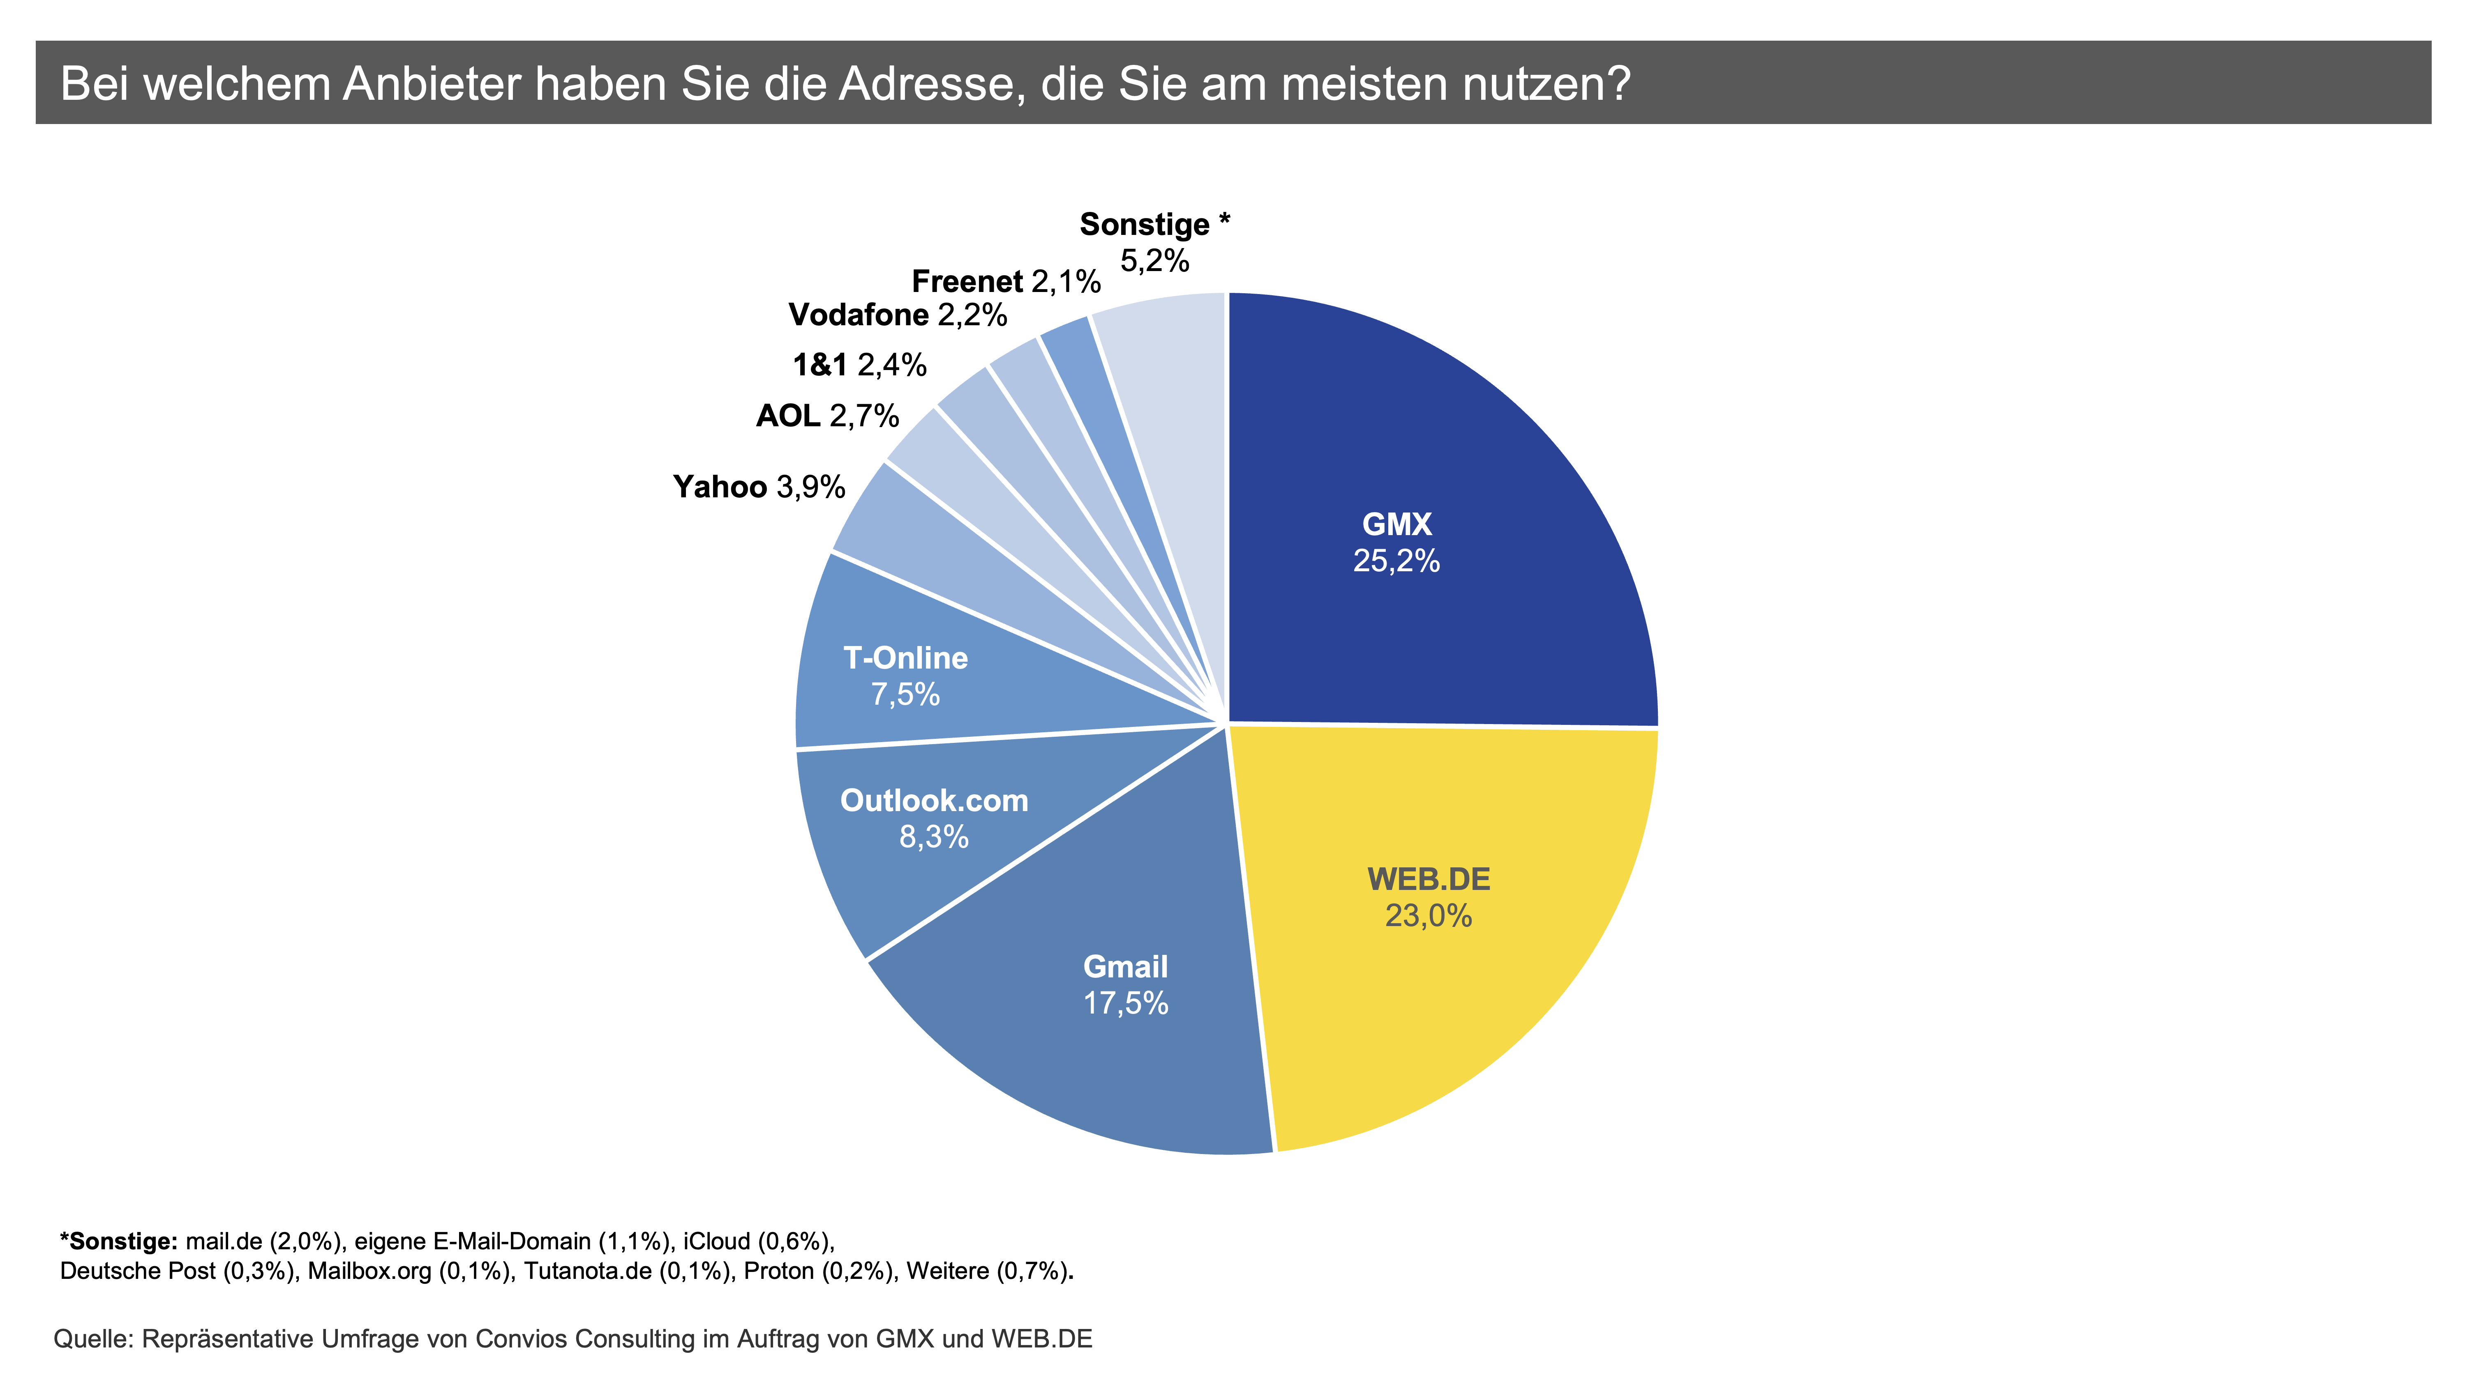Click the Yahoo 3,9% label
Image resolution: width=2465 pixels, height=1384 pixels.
(759, 487)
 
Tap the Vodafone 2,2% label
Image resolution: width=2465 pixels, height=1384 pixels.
(897, 315)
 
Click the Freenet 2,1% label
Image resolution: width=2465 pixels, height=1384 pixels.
(1006, 281)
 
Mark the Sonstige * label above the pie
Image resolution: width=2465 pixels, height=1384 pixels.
(1154, 225)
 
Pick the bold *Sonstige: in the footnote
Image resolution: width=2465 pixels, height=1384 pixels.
(119, 1241)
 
